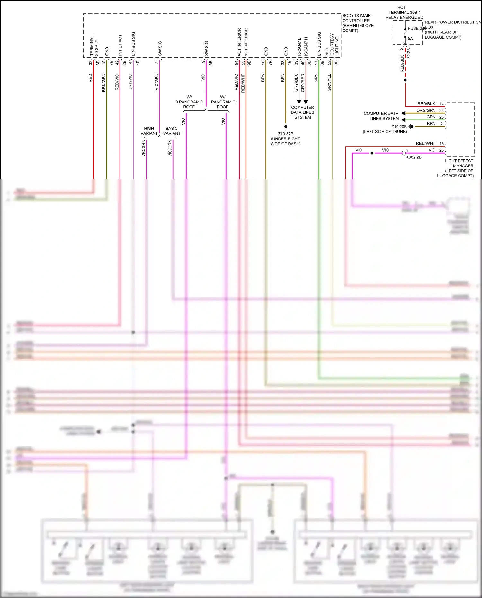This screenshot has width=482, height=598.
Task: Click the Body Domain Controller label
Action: pos(358,23)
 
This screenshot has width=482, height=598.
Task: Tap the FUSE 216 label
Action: pos(417,28)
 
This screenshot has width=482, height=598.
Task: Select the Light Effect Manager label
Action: pos(459,168)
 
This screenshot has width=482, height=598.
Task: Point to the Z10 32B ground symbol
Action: pos(286,127)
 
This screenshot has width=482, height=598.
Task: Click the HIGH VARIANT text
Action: pos(149,131)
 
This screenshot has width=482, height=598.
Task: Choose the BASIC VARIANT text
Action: pos(172,131)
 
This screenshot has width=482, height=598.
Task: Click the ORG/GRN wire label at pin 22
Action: pos(426,110)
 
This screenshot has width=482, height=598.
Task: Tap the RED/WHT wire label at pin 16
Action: pos(425,143)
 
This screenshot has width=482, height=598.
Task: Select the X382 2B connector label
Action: pos(414,157)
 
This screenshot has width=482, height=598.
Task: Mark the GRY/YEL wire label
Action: pos(329,83)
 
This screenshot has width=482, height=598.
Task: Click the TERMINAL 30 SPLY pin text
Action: pos(94,46)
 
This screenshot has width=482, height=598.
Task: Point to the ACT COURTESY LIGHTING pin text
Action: pos(332,45)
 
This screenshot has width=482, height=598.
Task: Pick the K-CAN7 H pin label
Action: pos(306,46)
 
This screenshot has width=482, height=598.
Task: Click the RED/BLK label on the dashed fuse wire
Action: pos(402,63)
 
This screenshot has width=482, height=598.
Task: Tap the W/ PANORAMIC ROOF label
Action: pos(223,102)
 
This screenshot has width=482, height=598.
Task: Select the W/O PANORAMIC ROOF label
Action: pos(189,102)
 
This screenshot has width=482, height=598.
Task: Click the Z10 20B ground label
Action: pos(399,127)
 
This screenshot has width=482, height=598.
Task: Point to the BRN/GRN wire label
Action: pos(103,83)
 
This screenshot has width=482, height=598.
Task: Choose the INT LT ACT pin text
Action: pos(120,45)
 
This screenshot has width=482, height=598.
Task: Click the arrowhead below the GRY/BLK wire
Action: pos(299,102)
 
